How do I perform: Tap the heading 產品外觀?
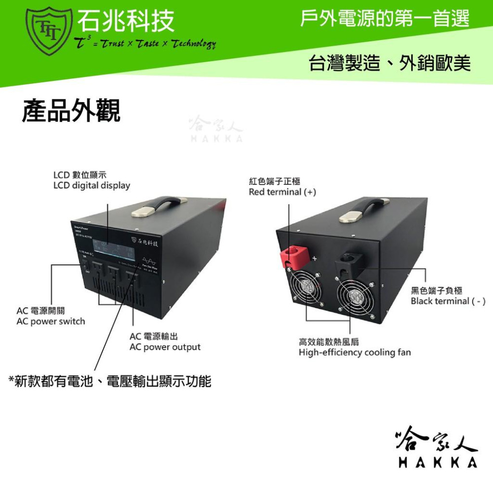click(x=71, y=111)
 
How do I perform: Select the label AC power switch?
click(x=51, y=321)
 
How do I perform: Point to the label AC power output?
click(x=165, y=347)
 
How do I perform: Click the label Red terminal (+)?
click(x=282, y=192)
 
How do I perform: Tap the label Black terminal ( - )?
click(x=448, y=301)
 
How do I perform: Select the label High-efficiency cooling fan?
click(x=354, y=352)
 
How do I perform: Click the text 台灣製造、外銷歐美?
click(x=389, y=64)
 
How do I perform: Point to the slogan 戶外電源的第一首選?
click(x=385, y=20)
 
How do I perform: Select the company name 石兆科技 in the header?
click(x=126, y=22)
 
